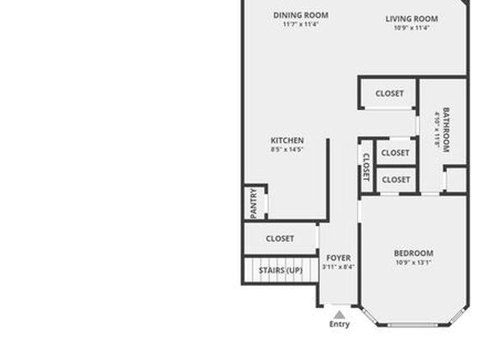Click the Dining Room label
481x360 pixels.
(x=300, y=15)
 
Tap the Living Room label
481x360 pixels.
(x=412, y=19)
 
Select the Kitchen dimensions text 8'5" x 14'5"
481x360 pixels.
(x=287, y=149)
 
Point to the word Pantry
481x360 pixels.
(x=253, y=203)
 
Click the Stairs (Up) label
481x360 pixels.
(x=281, y=270)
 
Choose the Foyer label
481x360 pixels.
(x=338, y=257)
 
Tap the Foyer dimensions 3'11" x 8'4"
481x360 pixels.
(x=338, y=266)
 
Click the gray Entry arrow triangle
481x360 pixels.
(x=339, y=315)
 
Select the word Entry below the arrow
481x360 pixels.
(x=339, y=324)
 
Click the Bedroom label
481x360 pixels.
(x=413, y=253)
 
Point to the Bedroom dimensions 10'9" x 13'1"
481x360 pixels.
(x=413, y=262)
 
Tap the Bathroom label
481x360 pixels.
(x=446, y=130)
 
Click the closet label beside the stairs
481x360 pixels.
(x=280, y=238)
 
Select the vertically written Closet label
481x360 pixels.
(x=366, y=167)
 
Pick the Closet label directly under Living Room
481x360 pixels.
(x=390, y=94)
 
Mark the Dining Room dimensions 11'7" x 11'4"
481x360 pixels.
(x=300, y=24)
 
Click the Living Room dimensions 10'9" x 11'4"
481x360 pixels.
(x=412, y=28)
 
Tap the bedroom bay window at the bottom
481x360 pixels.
(x=413, y=324)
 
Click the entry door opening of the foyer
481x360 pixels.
(x=337, y=305)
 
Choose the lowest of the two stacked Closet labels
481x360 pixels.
(x=396, y=179)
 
